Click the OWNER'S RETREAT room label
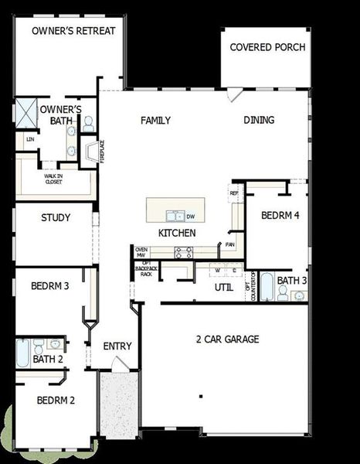(74, 30)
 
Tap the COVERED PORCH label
(267, 47)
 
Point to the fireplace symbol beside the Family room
(90, 150)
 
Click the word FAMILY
(155, 121)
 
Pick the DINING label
(259, 121)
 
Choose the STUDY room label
(56, 218)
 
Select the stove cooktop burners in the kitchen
(183, 251)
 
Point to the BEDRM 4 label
(280, 216)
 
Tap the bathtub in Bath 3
(266, 288)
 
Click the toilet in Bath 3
(284, 292)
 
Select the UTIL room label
(224, 288)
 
